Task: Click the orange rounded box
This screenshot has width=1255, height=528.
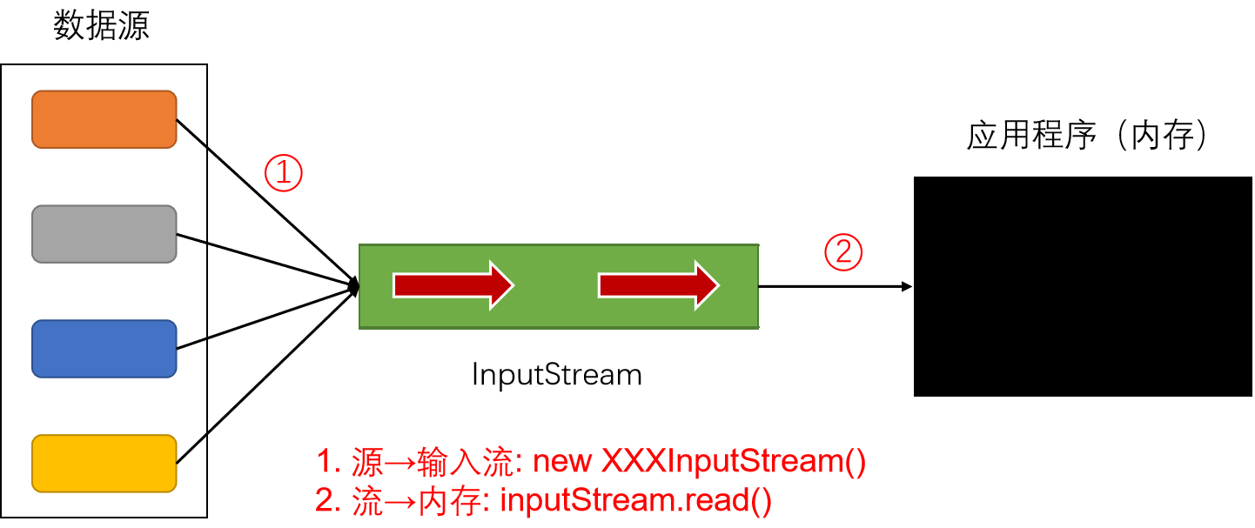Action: pos(104,119)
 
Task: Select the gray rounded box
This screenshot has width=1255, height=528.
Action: pos(104,234)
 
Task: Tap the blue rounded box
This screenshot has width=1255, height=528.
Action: pos(104,349)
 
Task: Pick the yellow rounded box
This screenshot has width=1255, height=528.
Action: pos(104,464)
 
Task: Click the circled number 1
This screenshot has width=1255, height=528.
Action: pos(283,173)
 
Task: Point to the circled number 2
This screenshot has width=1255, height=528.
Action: pos(842,252)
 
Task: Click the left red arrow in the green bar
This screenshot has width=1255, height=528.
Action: pos(453,285)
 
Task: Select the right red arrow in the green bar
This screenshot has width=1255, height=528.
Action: pos(658,285)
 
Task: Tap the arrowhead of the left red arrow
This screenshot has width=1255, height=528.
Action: pos(501,285)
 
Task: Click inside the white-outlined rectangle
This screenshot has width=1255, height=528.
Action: pos(1082,286)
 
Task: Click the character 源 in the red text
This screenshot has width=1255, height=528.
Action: pos(366,461)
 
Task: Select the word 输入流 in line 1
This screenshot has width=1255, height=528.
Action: pos(467,461)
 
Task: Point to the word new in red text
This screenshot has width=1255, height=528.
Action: pos(562,461)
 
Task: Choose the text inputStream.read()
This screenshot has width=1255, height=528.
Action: pos(635,502)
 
